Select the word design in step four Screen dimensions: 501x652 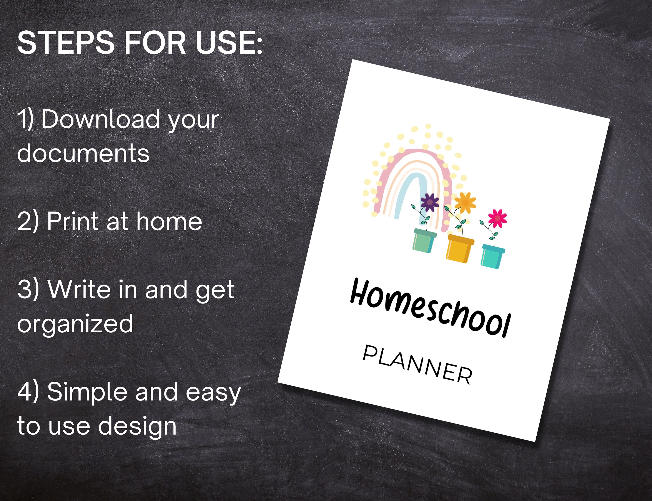(x=137, y=427)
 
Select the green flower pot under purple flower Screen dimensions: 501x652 (x=424, y=241)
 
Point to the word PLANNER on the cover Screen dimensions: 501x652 (x=417, y=364)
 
